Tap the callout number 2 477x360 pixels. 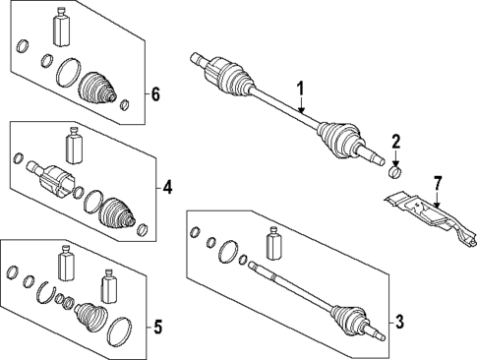[396, 142]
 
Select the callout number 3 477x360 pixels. [399, 321]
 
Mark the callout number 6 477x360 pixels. [154, 94]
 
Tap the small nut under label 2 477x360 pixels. [396, 171]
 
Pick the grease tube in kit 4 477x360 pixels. [72, 146]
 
